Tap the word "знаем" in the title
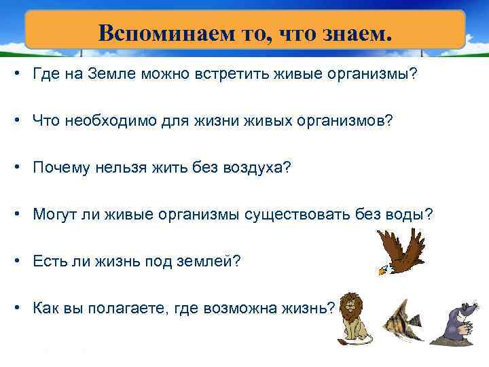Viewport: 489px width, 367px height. [357, 32]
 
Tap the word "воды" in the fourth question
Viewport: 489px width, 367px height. [407, 214]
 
